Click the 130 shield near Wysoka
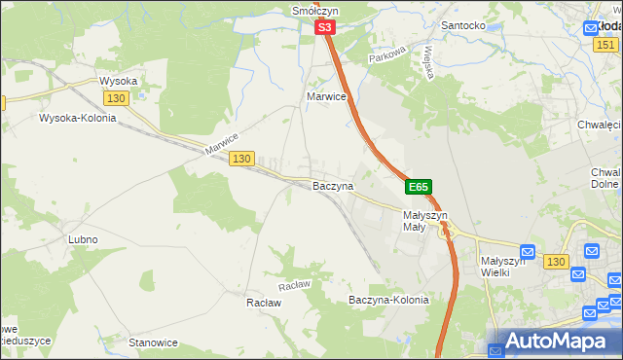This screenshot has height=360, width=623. pos(117,99)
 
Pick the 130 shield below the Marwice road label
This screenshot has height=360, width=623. pos(242,159)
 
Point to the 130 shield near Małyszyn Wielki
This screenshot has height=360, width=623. pos(556,262)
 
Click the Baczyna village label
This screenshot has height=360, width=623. pos(332,185)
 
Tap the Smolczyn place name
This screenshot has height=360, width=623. pos(314,11)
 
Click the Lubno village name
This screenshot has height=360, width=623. pos(83,239)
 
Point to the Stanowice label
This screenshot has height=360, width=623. pos(154,342)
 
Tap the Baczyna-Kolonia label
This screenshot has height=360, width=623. pos(388,301)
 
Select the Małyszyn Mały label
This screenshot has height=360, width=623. pos(424,221)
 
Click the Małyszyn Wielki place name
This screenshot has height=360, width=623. pos(503,267)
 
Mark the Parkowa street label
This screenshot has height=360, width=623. pos(385,58)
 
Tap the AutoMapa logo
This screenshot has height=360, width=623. pos(555,342)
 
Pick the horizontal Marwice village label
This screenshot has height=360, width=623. pos(326,97)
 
